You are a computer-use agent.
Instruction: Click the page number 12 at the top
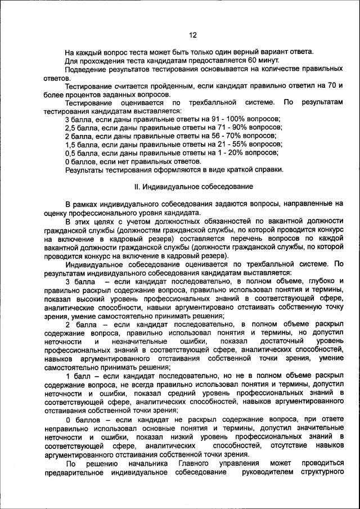click(x=192, y=35)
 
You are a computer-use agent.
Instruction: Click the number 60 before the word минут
click(x=253, y=60)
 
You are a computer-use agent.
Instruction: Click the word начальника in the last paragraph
click(x=147, y=463)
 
